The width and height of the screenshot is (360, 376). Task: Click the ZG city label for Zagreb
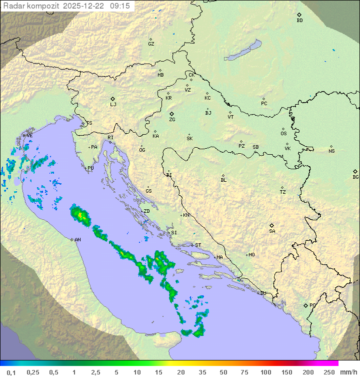[x=172, y=120]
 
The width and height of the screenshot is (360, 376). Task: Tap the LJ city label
[x=113, y=105]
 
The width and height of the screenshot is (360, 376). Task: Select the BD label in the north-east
[x=299, y=21]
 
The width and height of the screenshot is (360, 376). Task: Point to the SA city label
[x=272, y=231]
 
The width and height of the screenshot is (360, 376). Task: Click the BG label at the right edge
[x=355, y=177]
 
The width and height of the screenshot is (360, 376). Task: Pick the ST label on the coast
[x=198, y=245]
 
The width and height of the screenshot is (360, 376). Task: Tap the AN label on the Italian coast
[x=77, y=240]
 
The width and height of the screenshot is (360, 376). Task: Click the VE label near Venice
[x=29, y=136]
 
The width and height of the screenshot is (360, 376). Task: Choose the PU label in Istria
[x=90, y=168]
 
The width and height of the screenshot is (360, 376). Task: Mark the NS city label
[x=331, y=151]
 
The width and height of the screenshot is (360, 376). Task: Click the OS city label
[x=283, y=134]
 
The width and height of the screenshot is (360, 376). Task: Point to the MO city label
[x=251, y=255]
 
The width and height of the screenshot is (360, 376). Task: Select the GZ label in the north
[x=151, y=44]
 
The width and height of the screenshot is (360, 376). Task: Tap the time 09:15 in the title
[x=120, y=6]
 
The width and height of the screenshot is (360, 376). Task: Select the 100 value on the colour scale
[x=265, y=372]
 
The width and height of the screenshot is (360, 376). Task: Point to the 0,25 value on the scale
[x=33, y=372]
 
